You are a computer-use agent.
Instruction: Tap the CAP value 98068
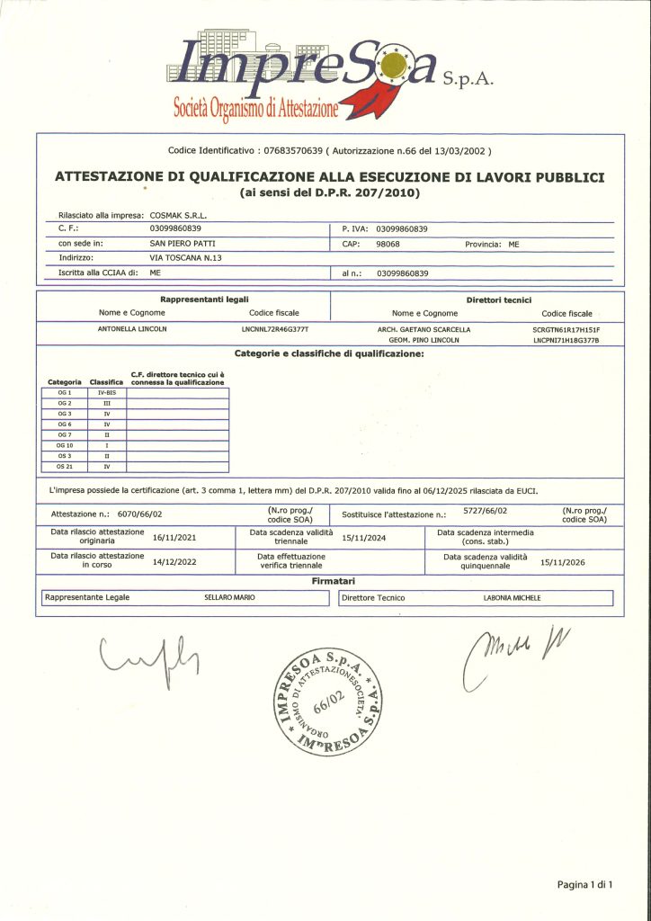[388, 244]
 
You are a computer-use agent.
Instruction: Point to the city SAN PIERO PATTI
[183, 244]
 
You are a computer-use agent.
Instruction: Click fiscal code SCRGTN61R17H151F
[566, 330]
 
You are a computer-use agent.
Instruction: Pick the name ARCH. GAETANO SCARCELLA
[424, 329]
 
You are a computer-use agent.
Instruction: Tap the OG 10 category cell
[64, 445]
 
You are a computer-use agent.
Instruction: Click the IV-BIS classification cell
[106, 392]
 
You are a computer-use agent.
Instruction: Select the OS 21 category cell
[64, 467]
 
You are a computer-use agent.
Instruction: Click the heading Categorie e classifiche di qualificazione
[329, 353]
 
